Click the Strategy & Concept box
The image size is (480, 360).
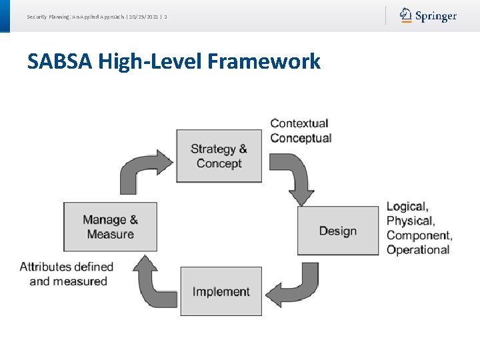click(x=219, y=156)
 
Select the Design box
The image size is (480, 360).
click(x=337, y=231)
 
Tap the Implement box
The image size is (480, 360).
click(x=221, y=291)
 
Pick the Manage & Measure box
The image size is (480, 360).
click(x=110, y=227)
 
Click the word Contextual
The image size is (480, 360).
click(x=299, y=123)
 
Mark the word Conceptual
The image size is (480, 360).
click(x=301, y=138)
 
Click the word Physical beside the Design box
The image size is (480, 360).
click(x=410, y=221)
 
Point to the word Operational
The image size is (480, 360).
click(x=418, y=250)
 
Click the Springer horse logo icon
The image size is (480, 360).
click(x=406, y=15)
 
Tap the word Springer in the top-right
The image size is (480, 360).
click(x=436, y=16)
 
